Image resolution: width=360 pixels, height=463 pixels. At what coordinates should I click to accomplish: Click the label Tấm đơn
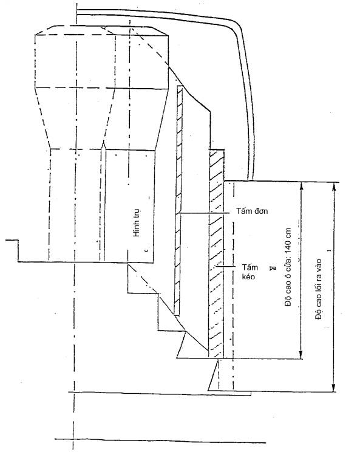pos(252,211)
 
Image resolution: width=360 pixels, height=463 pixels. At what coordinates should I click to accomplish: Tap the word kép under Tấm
pos(248,276)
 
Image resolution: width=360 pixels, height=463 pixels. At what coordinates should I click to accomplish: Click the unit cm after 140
pos(288,233)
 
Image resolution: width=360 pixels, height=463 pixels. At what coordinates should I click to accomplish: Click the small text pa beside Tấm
pos(273,269)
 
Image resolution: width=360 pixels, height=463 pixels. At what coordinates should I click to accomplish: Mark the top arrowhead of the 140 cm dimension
pos(301,186)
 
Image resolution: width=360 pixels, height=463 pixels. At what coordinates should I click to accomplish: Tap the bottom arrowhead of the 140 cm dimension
pos(301,355)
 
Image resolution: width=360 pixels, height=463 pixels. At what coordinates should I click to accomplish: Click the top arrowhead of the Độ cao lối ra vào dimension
pos(334,187)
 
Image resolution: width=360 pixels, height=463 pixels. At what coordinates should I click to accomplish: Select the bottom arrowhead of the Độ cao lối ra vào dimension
pos(334,388)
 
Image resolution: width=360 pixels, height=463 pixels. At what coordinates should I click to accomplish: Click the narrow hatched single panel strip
pos(178,201)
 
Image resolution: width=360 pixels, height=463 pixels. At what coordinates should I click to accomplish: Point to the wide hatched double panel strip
pos(216,254)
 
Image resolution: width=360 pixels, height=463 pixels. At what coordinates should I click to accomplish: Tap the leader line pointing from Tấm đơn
pos(204,213)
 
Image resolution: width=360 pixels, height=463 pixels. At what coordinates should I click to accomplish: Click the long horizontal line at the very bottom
pos(160,441)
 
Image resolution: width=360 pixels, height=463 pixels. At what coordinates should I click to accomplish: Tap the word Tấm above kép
pos(250,267)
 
